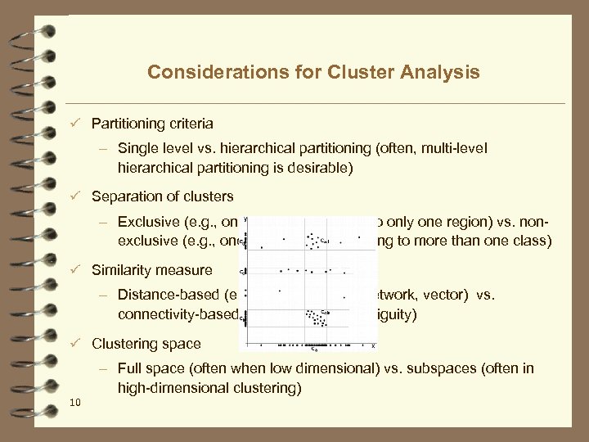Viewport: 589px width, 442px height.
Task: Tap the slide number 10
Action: click(74, 401)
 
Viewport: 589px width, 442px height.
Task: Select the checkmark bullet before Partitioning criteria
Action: click(74, 124)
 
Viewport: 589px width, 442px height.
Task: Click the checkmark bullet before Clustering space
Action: click(74, 344)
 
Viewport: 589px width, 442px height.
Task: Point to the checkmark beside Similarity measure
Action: click(74, 270)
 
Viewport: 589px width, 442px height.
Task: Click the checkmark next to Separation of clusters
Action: click(74, 196)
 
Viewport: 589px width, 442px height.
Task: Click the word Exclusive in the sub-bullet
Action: click(146, 222)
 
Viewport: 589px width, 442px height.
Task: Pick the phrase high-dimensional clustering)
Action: click(209, 387)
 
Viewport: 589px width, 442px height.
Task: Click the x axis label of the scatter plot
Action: click(373, 346)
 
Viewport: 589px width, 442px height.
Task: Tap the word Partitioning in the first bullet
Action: click(128, 124)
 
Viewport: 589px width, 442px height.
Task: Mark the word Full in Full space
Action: click(131, 368)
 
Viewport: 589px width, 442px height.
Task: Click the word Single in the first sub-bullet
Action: click(137, 148)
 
